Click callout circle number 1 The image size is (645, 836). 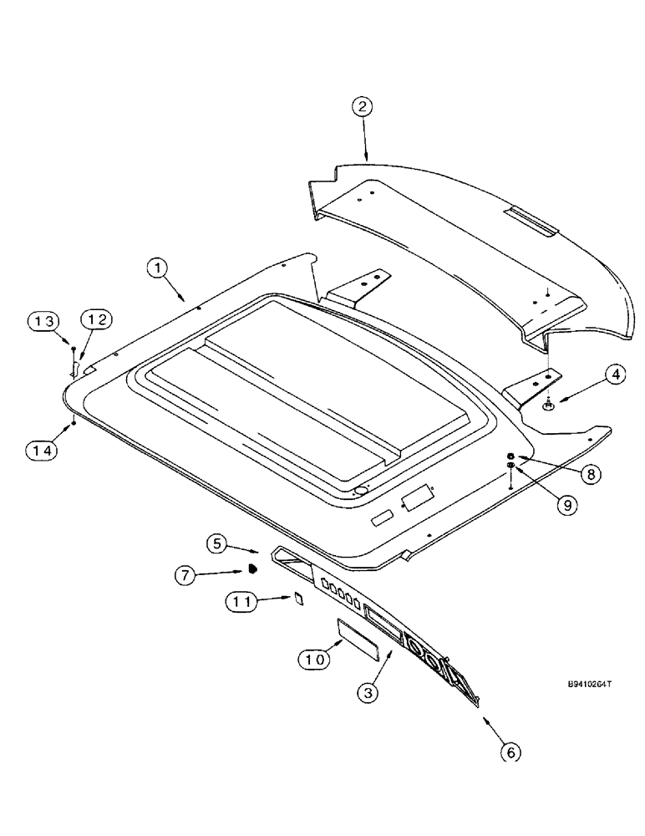coord(158,269)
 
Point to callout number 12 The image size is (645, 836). coord(94,319)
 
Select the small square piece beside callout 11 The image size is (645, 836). coord(296,598)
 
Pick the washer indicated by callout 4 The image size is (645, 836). coord(547,405)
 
